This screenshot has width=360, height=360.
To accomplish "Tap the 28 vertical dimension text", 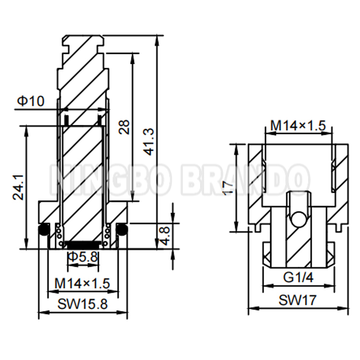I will tap(124, 127).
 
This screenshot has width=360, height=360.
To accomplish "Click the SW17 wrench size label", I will tap(298, 301).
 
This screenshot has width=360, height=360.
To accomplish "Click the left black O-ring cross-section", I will tap(44, 230).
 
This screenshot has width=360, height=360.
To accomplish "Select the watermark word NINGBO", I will tap(110, 179).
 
